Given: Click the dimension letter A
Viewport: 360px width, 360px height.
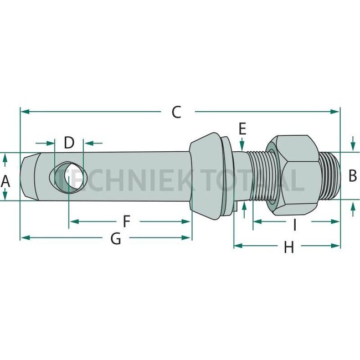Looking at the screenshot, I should tap(6, 180).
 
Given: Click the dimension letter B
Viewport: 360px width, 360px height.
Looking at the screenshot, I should tap(352, 176).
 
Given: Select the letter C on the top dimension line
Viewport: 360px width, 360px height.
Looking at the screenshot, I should tap(176, 112).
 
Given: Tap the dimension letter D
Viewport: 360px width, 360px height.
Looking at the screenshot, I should tap(69, 142).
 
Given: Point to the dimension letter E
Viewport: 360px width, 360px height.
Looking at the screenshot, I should tap(242, 129).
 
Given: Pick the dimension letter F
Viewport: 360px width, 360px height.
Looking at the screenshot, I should tap(126, 222).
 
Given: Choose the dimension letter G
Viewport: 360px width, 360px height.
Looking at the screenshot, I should tap(115, 239).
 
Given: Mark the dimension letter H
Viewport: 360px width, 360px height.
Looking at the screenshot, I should tap(288, 248).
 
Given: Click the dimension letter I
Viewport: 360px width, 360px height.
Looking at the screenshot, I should tap(295, 224).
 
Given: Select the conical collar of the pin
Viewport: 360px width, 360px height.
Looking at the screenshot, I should tap(206, 176).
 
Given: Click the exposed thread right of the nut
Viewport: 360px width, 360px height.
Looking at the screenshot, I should tap(330, 176).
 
